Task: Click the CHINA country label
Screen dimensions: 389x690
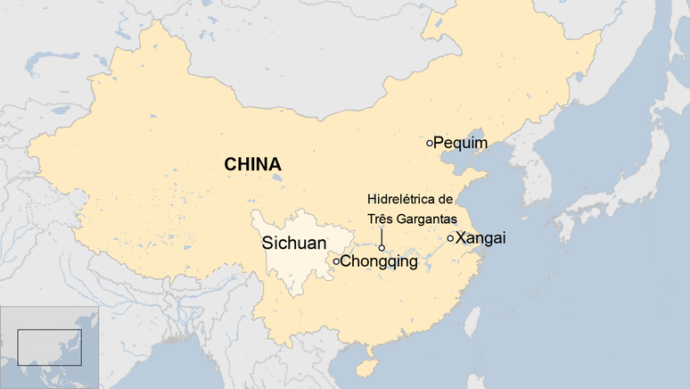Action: coord(252,164)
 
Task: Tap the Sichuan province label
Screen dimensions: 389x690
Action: coord(293,242)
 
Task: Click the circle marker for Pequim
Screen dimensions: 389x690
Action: coord(430,142)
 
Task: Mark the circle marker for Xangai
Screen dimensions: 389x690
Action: coord(450,237)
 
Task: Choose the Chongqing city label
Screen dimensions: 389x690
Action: coord(379,261)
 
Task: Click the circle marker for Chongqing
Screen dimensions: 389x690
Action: coord(336,261)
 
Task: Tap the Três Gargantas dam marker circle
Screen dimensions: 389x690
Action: coord(382,248)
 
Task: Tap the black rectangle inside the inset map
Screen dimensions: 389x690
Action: coord(49,346)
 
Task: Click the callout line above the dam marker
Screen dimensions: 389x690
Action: coord(382,236)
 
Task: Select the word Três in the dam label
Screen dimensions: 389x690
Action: coord(380,218)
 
